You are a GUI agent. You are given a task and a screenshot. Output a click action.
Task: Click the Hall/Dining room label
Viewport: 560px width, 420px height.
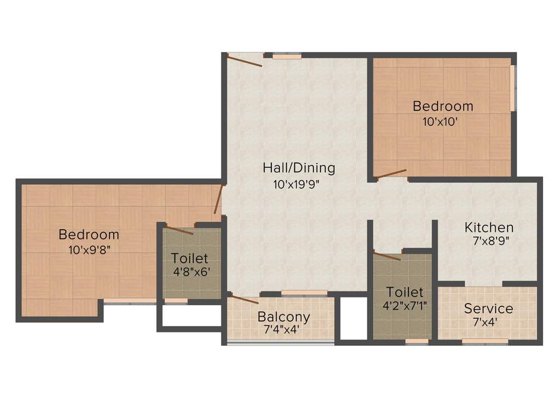[x=299, y=167]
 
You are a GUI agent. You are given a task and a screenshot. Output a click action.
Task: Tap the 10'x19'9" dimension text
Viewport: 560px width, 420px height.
[x=296, y=184]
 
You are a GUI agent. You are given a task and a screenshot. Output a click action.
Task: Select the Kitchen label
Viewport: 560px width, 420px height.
[x=489, y=227]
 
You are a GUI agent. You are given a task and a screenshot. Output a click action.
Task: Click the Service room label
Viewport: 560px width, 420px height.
[x=488, y=308]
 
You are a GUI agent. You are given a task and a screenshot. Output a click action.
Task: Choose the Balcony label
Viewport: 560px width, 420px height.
[x=284, y=317]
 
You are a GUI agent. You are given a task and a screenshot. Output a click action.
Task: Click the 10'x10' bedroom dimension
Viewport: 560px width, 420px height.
[x=440, y=122]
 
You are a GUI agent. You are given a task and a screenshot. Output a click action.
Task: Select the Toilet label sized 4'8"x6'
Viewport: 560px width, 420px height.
[x=189, y=258]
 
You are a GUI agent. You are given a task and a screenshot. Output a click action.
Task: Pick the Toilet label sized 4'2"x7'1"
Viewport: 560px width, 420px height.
[x=405, y=291]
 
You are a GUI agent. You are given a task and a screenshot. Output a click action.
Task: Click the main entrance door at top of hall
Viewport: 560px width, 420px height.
[x=244, y=60]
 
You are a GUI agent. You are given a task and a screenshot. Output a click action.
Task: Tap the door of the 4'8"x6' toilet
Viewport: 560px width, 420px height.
[x=179, y=230]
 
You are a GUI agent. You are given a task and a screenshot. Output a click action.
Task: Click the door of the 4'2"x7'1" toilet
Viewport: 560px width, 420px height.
[x=387, y=255]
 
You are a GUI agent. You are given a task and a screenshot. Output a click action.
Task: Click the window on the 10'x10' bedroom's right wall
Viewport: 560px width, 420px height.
[x=512, y=88]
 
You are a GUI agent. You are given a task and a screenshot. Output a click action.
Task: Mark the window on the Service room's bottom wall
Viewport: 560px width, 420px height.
[x=485, y=342]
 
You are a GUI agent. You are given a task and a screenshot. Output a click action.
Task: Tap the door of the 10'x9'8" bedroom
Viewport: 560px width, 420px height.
[x=218, y=200]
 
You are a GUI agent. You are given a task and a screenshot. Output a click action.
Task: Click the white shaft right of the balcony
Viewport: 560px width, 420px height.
[x=353, y=318]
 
